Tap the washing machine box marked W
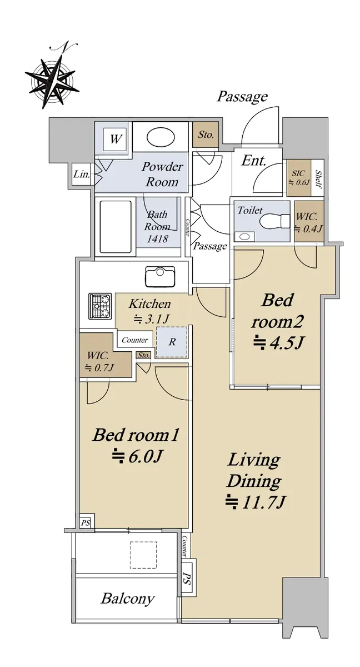pos(114,139)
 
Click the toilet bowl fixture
pos(274,221)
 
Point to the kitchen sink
pos(160,277)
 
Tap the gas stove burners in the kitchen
pos(99,306)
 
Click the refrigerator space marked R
pos(172,341)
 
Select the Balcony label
pos(128,599)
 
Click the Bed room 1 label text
pos(136,435)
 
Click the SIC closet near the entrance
pos(298,178)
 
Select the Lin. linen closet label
pos(82,174)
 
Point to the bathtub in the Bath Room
pos(116,227)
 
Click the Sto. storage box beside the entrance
pos(206,135)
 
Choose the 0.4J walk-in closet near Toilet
pos(309,221)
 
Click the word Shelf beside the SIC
pos(318,180)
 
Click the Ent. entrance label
pos(253,161)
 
